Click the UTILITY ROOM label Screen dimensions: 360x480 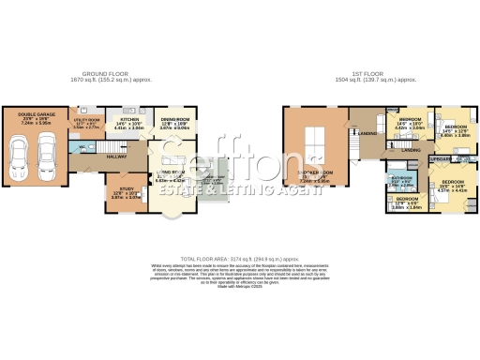tap(86, 123)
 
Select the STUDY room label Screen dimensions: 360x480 tap(127, 193)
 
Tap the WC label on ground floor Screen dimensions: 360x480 tap(82, 148)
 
